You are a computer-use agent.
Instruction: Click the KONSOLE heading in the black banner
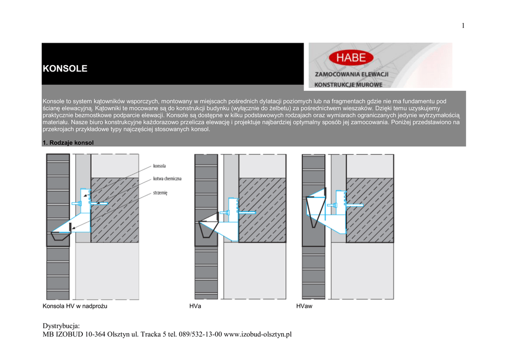(x=65, y=69)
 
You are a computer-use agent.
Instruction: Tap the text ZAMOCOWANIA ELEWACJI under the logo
(x=351, y=74)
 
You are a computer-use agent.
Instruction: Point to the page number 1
(x=463, y=26)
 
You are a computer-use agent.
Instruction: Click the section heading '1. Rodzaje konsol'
(x=68, y=143)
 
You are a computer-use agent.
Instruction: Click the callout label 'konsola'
(x=160, y=166)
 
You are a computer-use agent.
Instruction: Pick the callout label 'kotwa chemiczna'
(x=167, y=178)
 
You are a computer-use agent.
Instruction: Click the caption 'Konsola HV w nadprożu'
(x=75, y=306)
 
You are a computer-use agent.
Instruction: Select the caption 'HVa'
(x=195, y=306)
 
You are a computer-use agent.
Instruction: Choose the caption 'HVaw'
(x=304, y=306)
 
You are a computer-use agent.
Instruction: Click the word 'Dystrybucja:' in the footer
(x=62, y=326)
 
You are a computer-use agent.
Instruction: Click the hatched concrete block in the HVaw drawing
(x=370, y=210)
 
